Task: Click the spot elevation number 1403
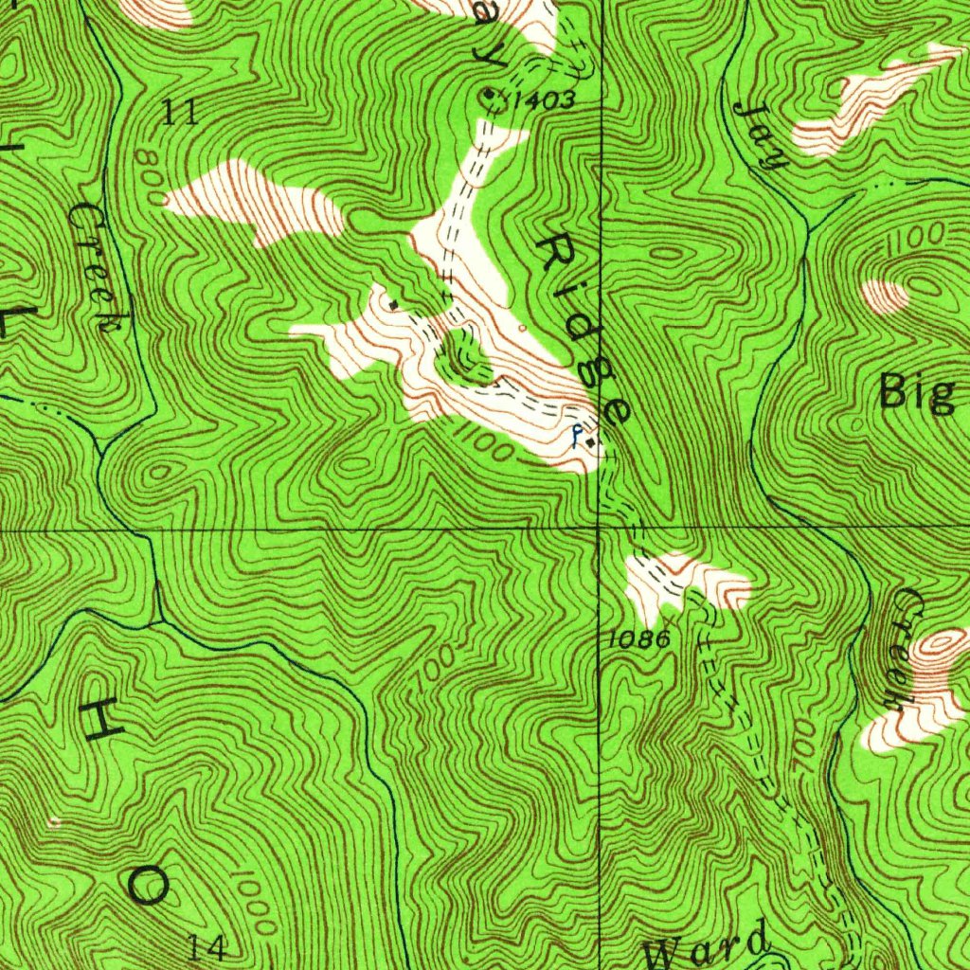pos(544,99)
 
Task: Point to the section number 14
pos(207,946)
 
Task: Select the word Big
pos(916,392)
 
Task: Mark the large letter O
pos(149,887)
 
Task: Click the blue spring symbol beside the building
pos(575,437)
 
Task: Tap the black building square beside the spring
pos(590,441)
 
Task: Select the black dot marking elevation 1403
pos(488,93)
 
